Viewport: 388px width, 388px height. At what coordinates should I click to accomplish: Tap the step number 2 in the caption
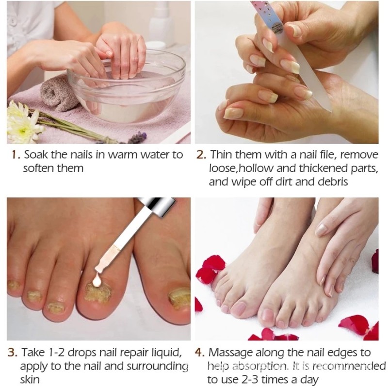(201, 155)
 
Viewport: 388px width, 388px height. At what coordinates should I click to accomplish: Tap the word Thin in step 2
(222, 155)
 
